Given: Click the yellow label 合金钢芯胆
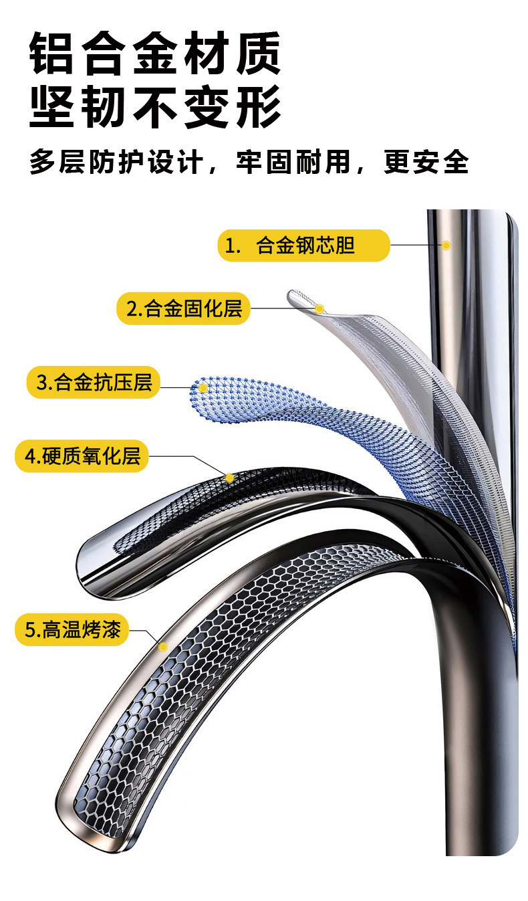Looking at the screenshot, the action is pos(303,245).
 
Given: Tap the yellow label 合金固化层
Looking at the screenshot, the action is pos(183,308).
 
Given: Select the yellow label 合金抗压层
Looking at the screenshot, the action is pos(94,383).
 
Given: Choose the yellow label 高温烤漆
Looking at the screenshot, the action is pos(72,630).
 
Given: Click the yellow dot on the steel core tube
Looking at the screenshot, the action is pos(446,245).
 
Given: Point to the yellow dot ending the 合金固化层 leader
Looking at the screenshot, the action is pos(319,308).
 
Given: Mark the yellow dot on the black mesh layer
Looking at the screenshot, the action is pos(229,478).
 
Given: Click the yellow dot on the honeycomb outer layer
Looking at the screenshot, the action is pos(162,646).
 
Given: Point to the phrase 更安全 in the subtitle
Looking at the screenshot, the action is pos(426,163).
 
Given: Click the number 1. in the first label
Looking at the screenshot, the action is pos(233,246).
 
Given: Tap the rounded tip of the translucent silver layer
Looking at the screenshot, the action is pos(295,296).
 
